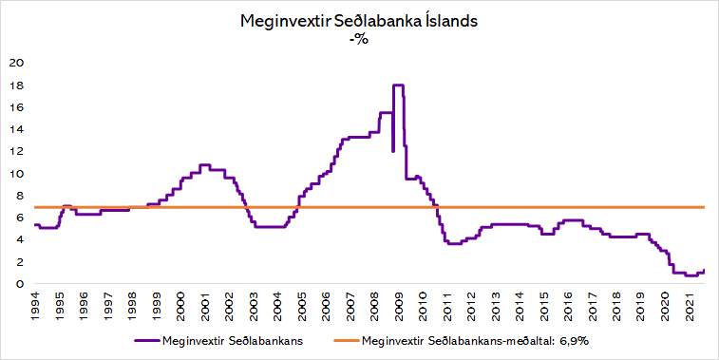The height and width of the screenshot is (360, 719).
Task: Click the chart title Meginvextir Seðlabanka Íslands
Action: coord(359,22)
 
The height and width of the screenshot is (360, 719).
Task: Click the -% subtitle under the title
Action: coord(359,39)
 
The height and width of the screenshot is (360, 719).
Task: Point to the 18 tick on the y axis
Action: coord(15,85)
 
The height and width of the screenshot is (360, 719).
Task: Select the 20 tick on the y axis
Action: coord(15,64)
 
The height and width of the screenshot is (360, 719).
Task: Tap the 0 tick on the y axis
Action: coord(18,284)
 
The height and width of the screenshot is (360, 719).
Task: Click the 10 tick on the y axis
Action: coord(15,174)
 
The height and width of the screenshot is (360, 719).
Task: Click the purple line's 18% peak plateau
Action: coord(398,85)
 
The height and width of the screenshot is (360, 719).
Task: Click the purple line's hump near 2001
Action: coord(204,165)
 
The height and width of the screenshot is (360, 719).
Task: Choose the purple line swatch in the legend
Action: coord(146,339)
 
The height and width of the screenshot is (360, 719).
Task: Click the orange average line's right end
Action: coord(703,207)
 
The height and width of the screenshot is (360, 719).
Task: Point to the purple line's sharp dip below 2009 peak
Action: coord(393,150)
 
